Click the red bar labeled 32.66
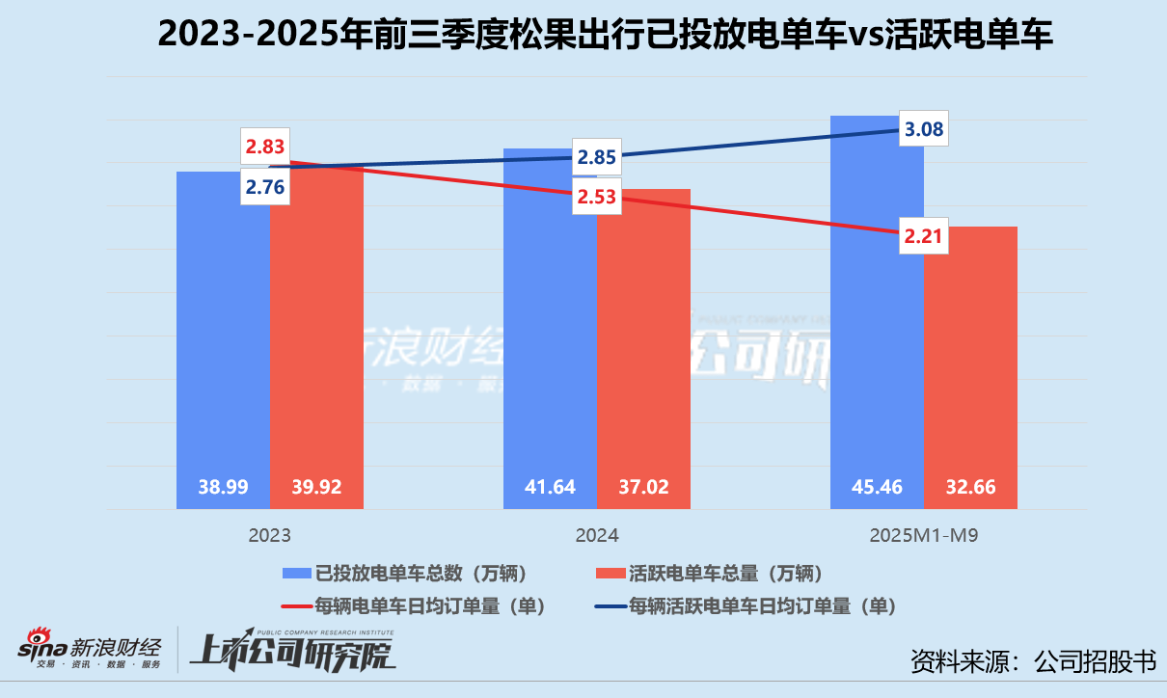[x=969, y=366]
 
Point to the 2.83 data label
[x=265, y=147]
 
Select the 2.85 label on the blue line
[x=597, y=157]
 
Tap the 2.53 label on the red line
[x=597, y=198]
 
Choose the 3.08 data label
[x=923, y=128]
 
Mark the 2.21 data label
[x=923, y=234]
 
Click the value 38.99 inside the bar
[x=223, y=488]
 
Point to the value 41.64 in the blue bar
[x=551, y=488]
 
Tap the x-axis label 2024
[x=597, y=535]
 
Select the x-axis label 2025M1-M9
[x=924, y=535]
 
